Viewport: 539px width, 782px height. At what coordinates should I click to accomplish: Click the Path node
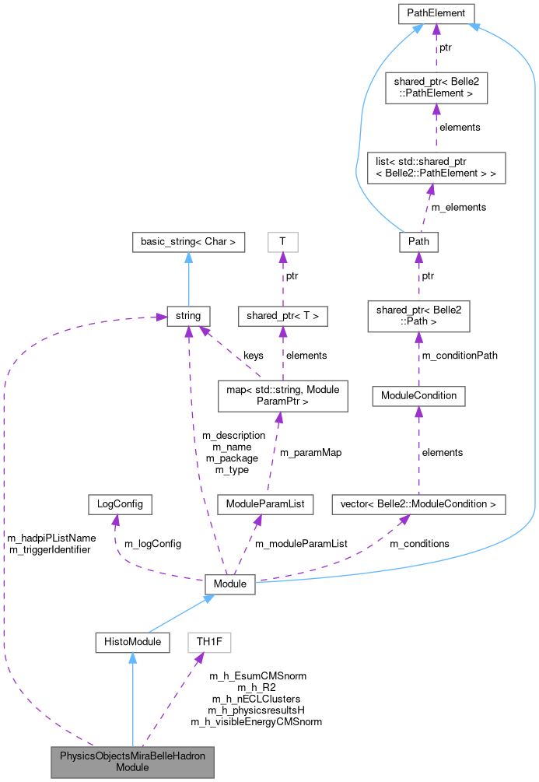pyautogui.click(x=418, y=242)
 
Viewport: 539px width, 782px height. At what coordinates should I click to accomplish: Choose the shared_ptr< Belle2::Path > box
pyautogui.click(x=418, y=316)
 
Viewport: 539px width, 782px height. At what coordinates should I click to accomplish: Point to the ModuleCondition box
pyautogui.click(x=418, y=395)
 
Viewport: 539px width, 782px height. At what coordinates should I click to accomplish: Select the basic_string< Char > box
pyautogui.click(x=188, y=242)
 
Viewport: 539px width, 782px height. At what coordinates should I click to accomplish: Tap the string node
pyautogui.click(x=188, y=316)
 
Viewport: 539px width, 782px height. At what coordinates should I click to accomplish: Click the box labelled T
pyautogui.click(x=282, y=242)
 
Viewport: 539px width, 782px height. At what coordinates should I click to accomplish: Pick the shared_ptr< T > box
pyautogui.click(x=282, y=316)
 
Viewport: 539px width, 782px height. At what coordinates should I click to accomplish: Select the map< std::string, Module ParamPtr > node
pyautogui.click(x=282, y=395)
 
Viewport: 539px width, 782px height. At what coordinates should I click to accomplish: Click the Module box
pyautogui.click(x=229, y=584)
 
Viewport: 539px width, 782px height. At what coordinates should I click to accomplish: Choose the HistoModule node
pyautogui.click(x=132, y=642)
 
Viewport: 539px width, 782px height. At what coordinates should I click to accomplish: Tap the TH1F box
pyautogui.click(x=209, y=642)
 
